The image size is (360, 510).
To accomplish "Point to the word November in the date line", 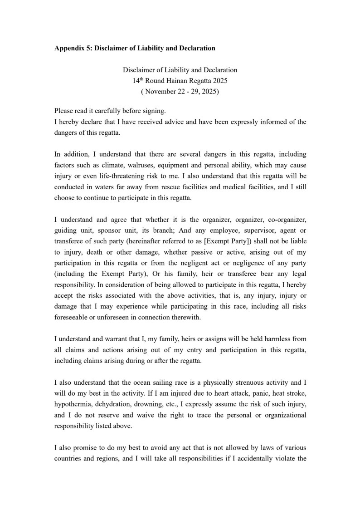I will (165, 91).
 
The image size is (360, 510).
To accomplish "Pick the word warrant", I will (119, 339).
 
